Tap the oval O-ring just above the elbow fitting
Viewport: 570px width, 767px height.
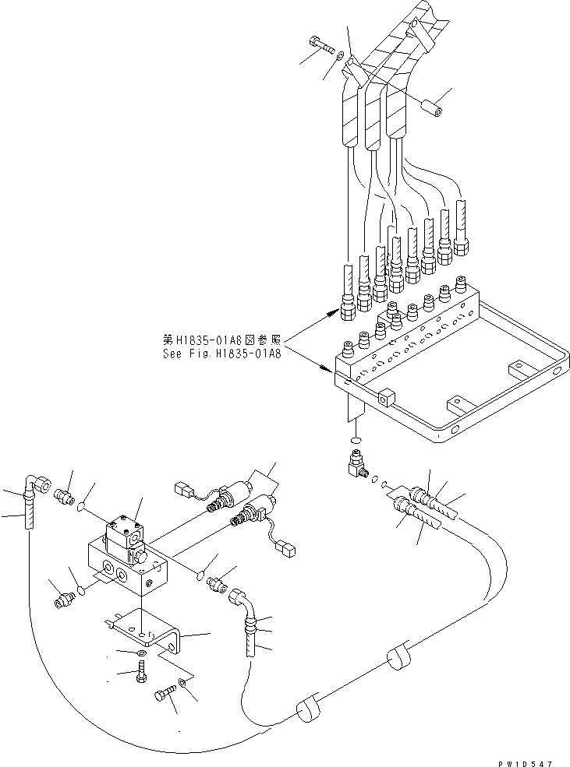[x=355, y=441]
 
